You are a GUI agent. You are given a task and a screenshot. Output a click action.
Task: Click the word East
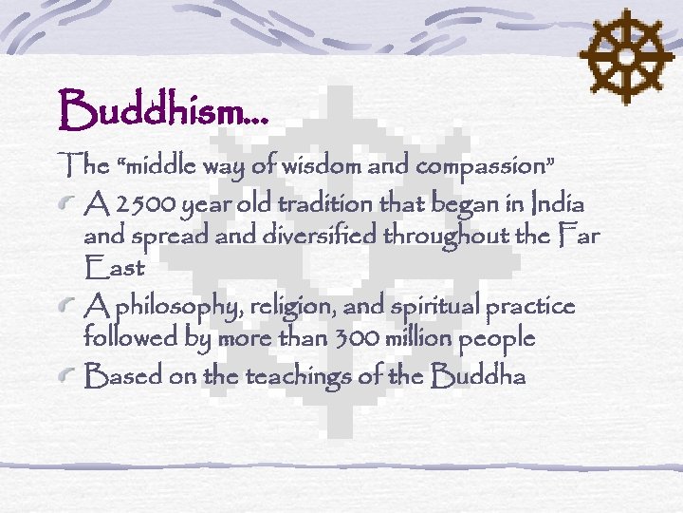(113, 269)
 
